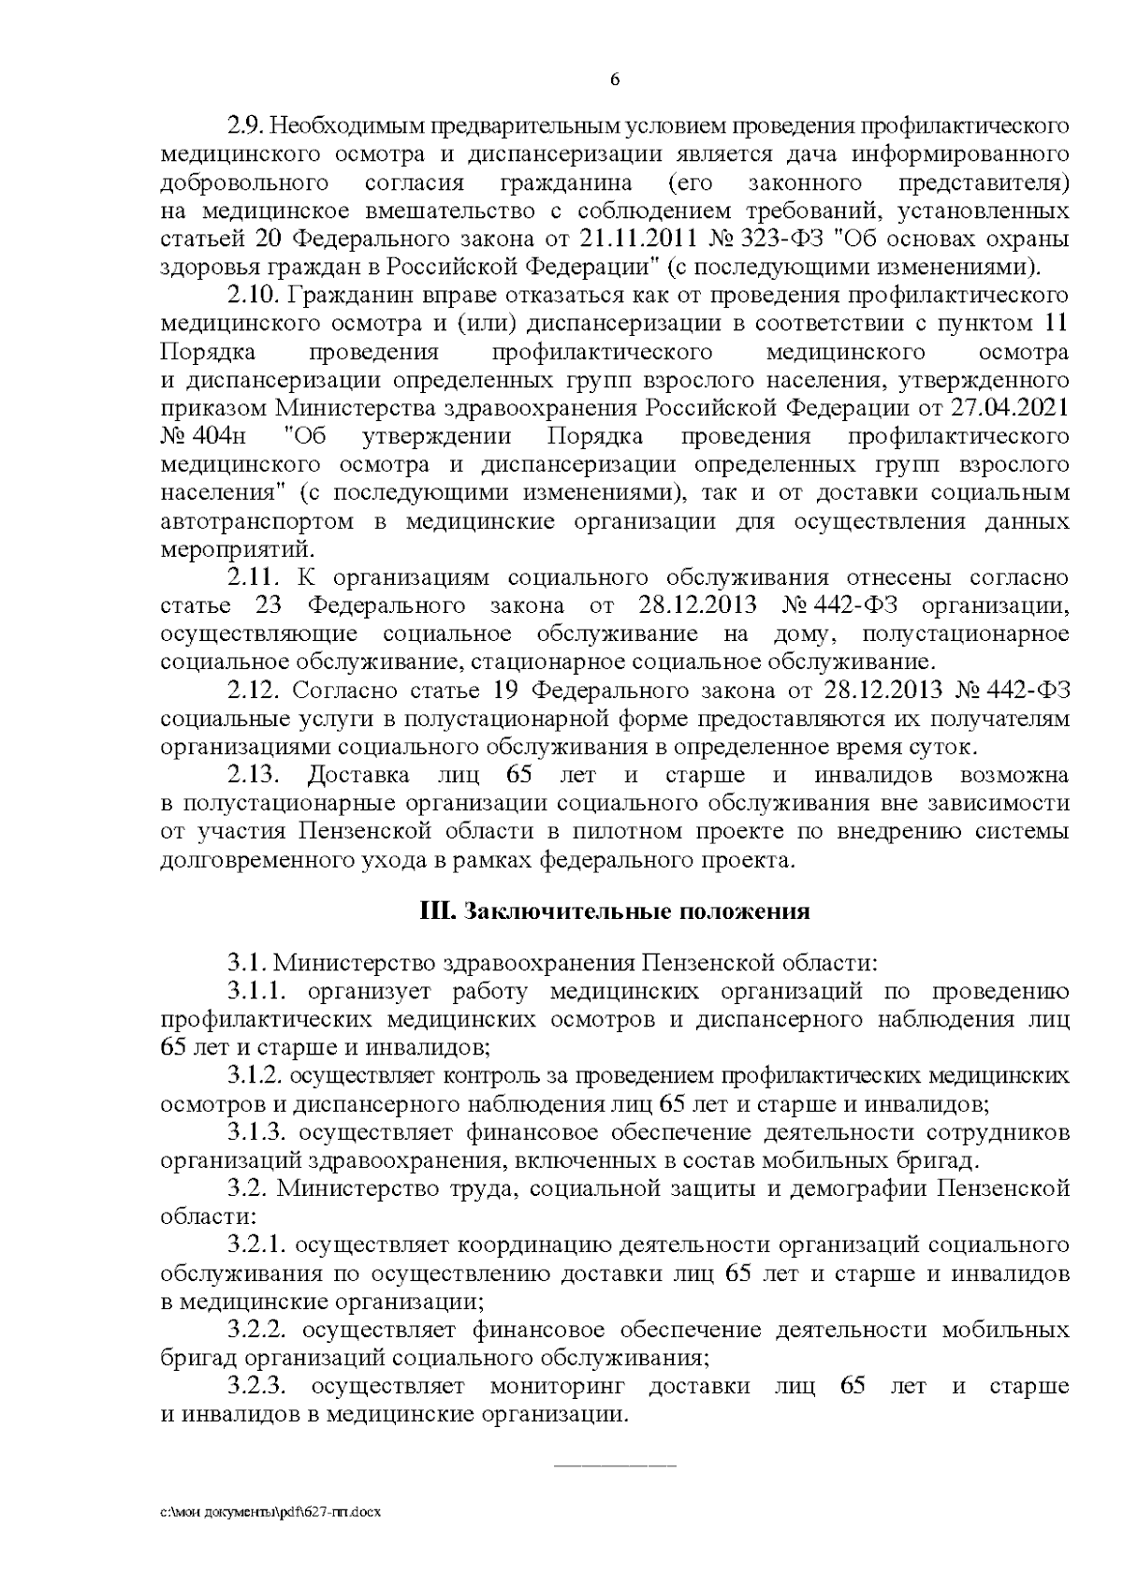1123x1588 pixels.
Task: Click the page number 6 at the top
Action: tap(615, 80)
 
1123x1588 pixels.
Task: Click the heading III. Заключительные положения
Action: tap(614, 912)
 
